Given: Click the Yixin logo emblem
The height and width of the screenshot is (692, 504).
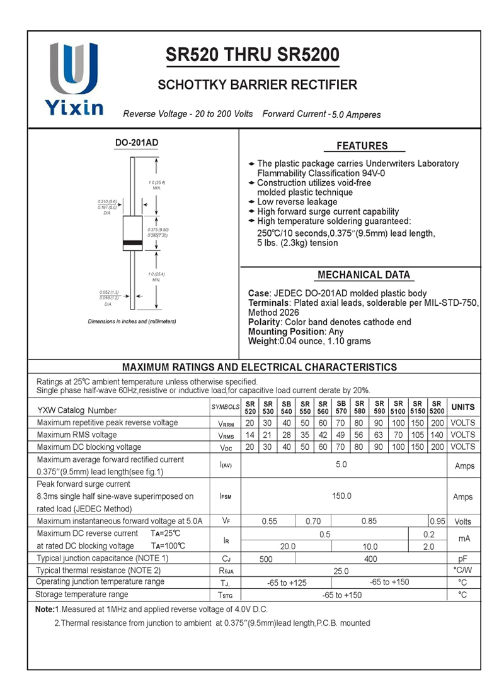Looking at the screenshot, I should pyautogui.click(x=74, y=69).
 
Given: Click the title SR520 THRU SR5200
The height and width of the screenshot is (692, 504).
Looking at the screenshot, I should pyautogui.click(x=252, y=56).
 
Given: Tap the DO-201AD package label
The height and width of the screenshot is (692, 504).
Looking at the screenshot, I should pyautogui.click(x=137, y=143).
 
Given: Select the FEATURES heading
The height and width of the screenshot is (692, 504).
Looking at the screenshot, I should pyautogui.click(x=362, y=146).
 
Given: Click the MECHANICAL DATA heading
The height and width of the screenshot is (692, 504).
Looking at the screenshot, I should pyautogui.click(x=364, y=275).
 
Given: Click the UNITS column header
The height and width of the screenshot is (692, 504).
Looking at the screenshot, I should pyautogui.click(x=463, y=407).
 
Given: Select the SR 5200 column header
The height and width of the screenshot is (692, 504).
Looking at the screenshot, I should pyautogui.click(x=437, y=407).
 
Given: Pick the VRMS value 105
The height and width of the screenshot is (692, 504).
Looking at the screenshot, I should pyautogui.click(x=418, y=435).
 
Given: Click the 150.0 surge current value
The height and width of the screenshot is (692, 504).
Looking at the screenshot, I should pyautogui.click(x=341, y=496).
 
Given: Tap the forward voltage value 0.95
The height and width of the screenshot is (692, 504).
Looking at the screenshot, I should pyautogui.click(x=437, y=522).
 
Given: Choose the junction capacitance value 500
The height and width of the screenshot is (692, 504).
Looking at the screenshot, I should pyautogui.click(x=266, y=559).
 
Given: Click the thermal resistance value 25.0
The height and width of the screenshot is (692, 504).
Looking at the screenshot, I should pyautogui.click(x=341, y=571).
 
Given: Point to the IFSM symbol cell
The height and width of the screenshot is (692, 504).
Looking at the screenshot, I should pyautogui.click(x=226, y=496).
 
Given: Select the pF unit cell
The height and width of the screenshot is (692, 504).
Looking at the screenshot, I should pyautogui.click(x=463, y=559).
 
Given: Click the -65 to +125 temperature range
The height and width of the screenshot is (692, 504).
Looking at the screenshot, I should pyautogui.click(x=287, y=583).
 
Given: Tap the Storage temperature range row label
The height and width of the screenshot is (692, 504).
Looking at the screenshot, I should pyautogui.click(x=82, y=594).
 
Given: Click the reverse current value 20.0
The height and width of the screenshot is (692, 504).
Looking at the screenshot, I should pyautogui.click(x=288, y=547).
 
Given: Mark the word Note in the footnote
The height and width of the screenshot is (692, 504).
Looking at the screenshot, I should pyautogui.click(x=44, y=610).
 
